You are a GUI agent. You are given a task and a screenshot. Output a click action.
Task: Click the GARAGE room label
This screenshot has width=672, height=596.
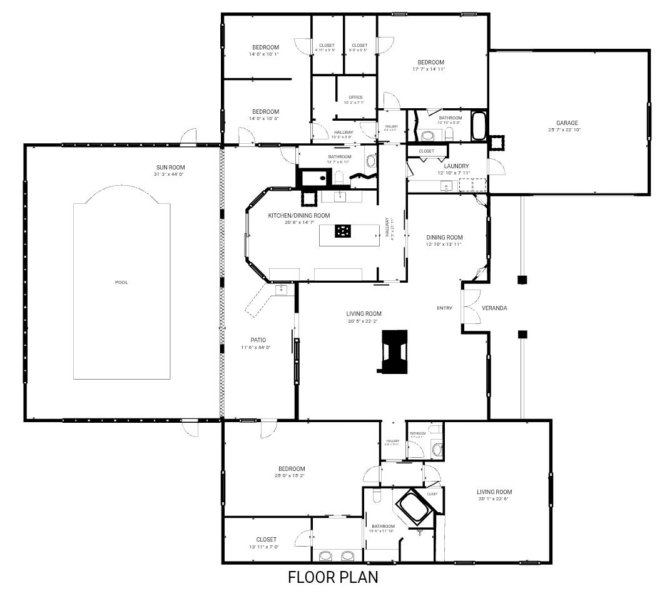567,123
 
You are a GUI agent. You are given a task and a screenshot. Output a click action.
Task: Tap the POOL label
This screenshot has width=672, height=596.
121,282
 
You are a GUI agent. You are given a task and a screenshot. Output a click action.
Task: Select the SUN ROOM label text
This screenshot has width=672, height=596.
170,167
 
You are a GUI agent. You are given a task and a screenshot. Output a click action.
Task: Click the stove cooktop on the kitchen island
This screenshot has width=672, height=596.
343,231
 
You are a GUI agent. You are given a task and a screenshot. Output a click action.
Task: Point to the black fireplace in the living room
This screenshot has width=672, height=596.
394,352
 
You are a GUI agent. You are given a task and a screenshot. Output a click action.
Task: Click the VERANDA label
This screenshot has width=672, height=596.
494,308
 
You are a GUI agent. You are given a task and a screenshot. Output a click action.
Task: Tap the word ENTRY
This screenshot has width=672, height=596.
444,308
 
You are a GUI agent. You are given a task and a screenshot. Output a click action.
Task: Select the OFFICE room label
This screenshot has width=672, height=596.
355,97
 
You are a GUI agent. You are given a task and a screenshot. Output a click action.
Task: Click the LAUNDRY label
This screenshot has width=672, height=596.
456,166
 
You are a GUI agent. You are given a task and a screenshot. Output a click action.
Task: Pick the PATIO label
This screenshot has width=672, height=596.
258,340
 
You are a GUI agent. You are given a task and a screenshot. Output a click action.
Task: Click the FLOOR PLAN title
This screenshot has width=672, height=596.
333,577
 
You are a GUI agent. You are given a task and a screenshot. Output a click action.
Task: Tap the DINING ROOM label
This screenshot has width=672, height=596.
444,237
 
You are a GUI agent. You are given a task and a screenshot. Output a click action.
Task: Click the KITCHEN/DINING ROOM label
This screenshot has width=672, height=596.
298,215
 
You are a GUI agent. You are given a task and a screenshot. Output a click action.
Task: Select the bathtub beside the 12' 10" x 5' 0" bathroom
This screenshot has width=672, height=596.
479,126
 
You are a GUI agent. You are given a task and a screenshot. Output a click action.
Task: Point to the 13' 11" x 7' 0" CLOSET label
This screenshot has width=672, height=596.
266,539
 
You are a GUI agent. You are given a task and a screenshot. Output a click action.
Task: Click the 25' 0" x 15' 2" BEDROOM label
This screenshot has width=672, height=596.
292,468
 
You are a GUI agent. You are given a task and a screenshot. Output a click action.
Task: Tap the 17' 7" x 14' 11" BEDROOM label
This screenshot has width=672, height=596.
430,62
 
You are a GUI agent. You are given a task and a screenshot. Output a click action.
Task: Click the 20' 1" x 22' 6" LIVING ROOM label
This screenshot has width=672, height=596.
494,492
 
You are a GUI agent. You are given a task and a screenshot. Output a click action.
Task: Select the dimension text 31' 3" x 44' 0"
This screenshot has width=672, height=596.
170,174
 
